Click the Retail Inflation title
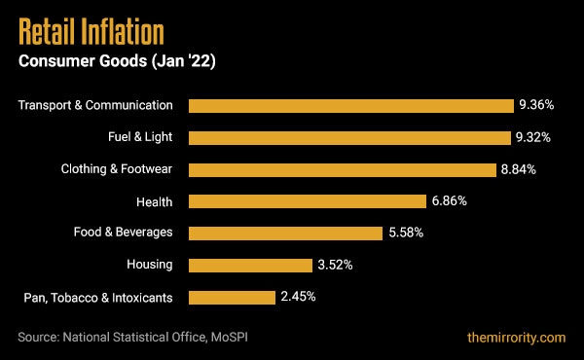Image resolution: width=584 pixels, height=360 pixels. click(x=91, y=32)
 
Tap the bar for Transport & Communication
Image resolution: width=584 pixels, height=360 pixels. click(x=350, y=105)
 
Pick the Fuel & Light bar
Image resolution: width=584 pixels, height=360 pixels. click(x=349, y=137)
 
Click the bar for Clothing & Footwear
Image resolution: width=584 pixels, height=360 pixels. click(x=342, y=169)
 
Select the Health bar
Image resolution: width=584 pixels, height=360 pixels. click(x=308, y=201)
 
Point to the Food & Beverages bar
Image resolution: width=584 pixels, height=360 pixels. click(x=285, y=233)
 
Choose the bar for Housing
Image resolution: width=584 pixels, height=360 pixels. click(x=249, y=265)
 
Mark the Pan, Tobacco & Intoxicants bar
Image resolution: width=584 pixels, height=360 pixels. click(x=231, y=297)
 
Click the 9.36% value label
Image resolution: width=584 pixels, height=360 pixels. click(x=537, y=105)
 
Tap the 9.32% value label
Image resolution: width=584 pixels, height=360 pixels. click(x=534, y=137)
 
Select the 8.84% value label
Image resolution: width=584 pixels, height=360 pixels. click(x=519, y=169)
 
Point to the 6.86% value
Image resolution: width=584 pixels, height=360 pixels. click(x=450, y=201)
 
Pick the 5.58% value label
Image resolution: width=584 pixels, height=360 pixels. click(x=405, y=233)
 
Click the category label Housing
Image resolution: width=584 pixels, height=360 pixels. click(x=150, y=265)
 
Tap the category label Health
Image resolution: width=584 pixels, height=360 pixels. click(x=155, y=201)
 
